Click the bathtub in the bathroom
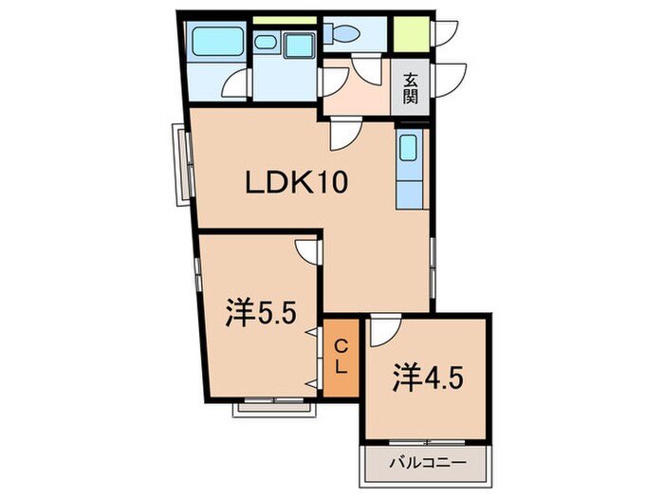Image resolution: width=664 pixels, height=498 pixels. click(216, 42)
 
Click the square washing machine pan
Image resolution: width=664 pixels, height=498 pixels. click(301, 44)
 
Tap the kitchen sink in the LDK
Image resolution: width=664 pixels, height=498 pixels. click(408, 150)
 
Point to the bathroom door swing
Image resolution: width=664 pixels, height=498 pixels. click(234, 88)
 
